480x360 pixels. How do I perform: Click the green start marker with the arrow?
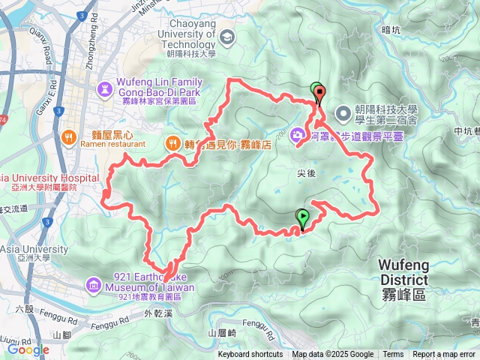click(302, 218)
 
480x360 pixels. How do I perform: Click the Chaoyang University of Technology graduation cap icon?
click(226, 35)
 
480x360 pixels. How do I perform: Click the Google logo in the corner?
click(28, 349)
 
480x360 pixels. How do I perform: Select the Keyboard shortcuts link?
click(250, 355)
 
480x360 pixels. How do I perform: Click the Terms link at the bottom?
click(393, 355)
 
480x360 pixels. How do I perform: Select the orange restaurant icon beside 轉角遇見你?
click(173, 141)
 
